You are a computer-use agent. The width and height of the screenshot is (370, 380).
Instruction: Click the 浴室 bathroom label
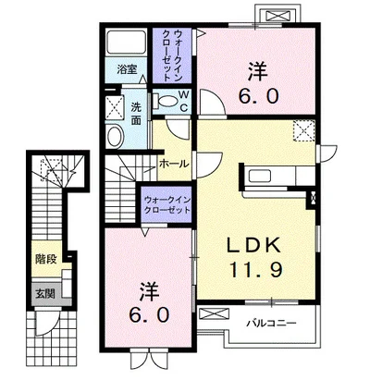tap(127, 69)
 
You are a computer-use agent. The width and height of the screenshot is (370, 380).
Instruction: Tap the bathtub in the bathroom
tap(126, 43)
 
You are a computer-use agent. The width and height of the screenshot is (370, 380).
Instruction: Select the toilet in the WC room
tap(166, 101)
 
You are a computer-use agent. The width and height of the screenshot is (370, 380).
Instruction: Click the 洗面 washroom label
tap(136, 113)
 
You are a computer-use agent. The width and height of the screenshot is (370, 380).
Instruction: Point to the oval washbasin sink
tap(115, 136)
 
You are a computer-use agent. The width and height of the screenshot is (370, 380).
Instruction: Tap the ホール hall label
tap(174, 164)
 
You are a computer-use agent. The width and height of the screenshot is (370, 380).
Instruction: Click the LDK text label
tap(254, 246)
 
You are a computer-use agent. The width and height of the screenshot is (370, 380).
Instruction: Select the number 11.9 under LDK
tap(255, 270)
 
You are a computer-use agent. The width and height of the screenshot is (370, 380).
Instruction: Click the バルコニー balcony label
tap(271, 323)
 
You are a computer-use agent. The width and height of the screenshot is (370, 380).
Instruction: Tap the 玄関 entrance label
tap(45, 294)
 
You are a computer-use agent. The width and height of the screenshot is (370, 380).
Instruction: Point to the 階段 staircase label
tap(46, 259)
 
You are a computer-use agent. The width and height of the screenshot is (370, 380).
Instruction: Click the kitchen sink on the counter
tap(260, 176)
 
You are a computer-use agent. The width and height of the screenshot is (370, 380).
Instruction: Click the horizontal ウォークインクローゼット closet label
tap(166, 205)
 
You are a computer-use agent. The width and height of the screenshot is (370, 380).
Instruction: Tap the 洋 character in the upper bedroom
tap(258, 71)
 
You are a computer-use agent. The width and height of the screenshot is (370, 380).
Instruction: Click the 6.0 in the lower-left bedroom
tap(150, 315)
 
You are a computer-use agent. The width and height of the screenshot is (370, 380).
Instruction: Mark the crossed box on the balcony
tap(215, 313)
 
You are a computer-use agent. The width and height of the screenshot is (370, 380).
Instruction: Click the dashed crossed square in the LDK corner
tap(304, 130)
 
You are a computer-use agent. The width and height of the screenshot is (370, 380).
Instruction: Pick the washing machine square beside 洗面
tap(115, 108)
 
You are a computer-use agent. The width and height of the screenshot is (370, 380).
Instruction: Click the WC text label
tap(183, 100)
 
